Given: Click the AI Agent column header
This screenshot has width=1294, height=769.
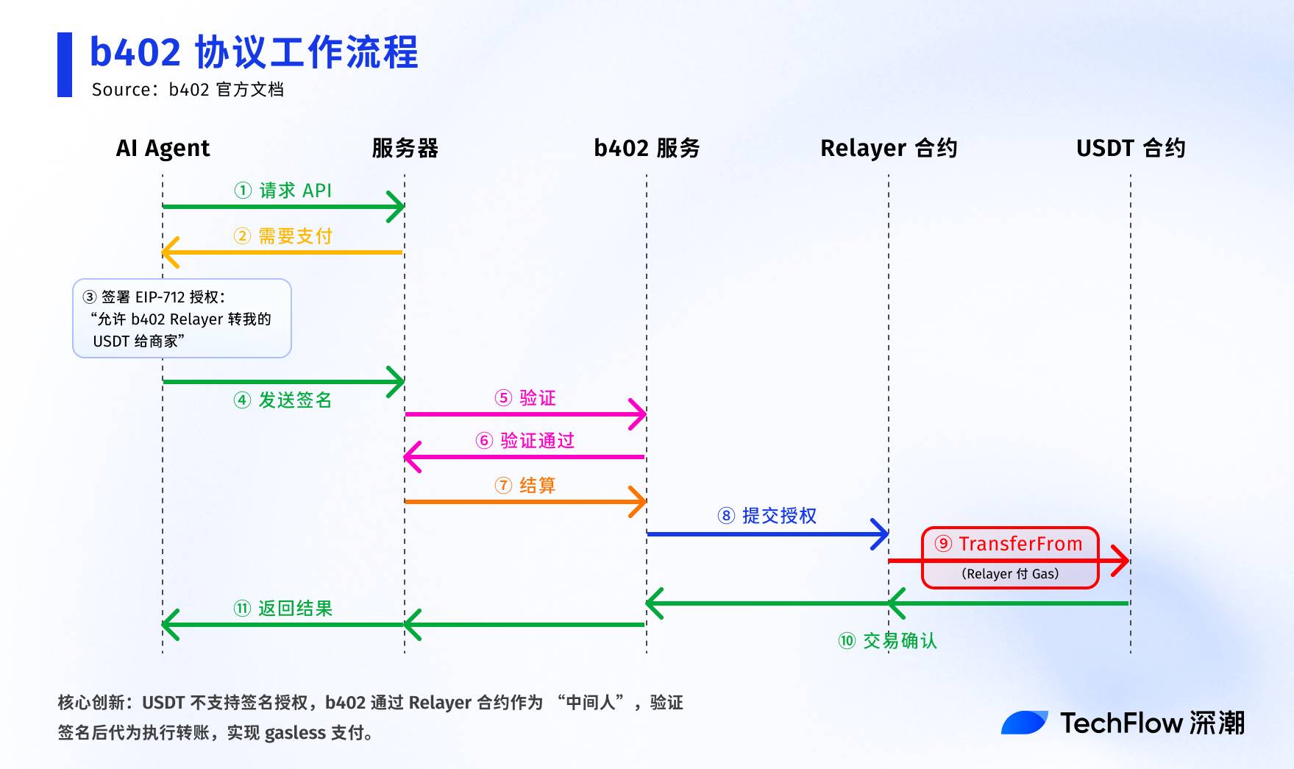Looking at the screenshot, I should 163,149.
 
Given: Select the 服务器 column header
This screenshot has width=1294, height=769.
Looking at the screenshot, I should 405,149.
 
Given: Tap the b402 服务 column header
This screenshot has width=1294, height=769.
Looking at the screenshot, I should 647,149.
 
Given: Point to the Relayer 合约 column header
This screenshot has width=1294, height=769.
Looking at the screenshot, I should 889,149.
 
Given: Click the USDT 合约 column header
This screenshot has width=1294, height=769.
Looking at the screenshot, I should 1131,149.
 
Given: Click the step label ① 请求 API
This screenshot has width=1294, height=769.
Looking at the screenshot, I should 283,191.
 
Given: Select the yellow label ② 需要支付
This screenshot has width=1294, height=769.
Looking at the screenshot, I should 283,236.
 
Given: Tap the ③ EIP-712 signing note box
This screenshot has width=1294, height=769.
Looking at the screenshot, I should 182,319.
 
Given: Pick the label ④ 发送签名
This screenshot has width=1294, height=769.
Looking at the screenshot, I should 283,400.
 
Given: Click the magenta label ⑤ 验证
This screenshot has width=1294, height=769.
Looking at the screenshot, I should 525,398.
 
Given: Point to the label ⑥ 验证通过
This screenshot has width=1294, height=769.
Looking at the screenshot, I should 525,441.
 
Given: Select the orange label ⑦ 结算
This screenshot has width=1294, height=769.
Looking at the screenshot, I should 525,486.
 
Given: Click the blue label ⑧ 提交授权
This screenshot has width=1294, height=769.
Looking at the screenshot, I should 767,516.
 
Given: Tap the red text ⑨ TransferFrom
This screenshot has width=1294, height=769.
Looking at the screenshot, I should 1009,544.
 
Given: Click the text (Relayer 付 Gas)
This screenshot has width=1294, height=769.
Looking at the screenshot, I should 1010,574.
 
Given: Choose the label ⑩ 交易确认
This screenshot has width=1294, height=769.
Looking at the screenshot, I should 888,641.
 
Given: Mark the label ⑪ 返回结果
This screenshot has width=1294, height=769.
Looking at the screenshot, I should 283,609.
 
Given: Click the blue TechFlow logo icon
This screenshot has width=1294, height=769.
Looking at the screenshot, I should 1024,723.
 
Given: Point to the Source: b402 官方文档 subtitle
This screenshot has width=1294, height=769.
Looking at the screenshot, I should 188,90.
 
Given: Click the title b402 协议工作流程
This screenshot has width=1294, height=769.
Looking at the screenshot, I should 254,52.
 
